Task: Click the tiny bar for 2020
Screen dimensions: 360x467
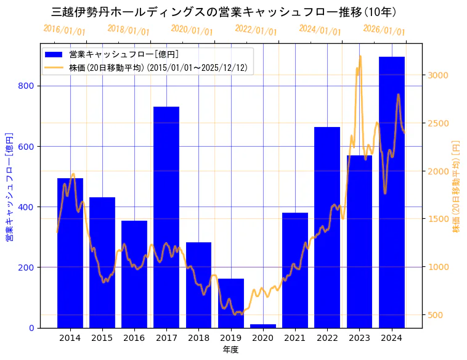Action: tap(263, 325)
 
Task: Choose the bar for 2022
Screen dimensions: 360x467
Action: tap(327, 227)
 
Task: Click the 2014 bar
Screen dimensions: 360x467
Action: tap(70, 253)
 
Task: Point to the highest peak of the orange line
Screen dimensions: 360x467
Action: tap(360, 57)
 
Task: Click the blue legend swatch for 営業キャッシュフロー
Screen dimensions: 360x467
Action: tap(54, 54)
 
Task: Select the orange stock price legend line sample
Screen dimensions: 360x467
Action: tap(54, 68)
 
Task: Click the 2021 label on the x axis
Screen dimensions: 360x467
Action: tap(295, 338)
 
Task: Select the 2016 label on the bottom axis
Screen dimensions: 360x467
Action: tap(134, 338)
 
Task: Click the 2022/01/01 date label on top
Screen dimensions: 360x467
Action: tap(256, 30)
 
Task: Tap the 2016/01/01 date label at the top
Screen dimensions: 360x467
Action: tap(64, 30)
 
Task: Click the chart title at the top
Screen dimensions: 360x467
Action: tap(224, 12)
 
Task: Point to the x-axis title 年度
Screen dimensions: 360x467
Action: tap(230, 350)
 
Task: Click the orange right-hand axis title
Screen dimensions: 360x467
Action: tap(457, 186)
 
